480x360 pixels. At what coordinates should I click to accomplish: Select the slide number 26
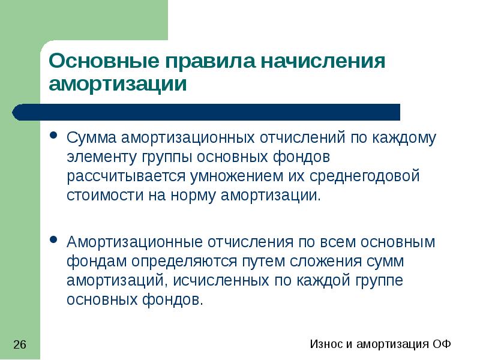pyautogui.click(x=19, y=344)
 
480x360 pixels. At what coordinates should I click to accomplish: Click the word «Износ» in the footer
pyautogui.click(x=325, y=344)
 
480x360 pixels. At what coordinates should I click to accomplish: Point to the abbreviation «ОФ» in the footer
pyautogui.click(x=441, y=344)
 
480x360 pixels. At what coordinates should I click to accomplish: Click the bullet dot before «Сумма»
pyautogui.click(x=54, y=136)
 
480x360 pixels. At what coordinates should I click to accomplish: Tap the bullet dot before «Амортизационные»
pyautogui.click(x=54, y=241)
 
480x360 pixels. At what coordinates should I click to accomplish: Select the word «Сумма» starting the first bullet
pyautogui.click(x=92, y=137)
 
